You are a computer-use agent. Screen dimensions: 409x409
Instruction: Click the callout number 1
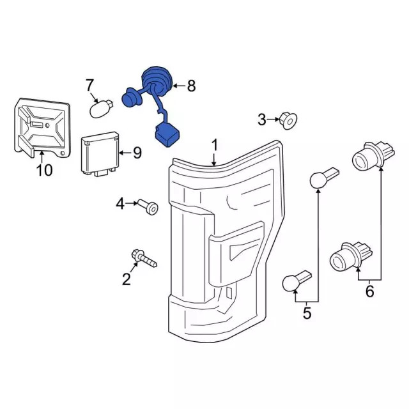point(215,145)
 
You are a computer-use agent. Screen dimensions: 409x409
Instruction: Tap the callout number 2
point(127,279)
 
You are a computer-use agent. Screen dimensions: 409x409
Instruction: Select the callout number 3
point(262,120)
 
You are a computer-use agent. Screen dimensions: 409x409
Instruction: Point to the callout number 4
point(120,204)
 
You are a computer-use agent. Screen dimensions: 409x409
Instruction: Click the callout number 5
point(307,313)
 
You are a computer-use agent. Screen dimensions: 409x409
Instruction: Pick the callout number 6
point(370,291)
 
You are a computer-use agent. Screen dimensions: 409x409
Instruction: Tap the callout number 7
point(89,85)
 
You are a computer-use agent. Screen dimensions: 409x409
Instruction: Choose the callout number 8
point(191,86)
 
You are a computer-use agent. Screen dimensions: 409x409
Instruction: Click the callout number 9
point(137,153)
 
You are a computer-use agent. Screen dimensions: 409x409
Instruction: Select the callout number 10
point(44,170)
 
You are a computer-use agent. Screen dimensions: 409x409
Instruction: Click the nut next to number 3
point(288,121)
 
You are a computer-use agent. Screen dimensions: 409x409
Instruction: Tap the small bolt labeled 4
point(148,207)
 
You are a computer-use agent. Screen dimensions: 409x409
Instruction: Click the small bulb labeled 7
point(102,109)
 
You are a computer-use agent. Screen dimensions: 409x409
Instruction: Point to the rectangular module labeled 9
point(100,153)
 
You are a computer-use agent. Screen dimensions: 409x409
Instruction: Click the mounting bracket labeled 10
point(42,128)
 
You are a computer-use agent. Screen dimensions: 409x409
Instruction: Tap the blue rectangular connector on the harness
point(167,134)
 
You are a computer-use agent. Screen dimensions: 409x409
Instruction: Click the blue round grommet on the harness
point(157,81)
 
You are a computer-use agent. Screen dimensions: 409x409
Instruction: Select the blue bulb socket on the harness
point(132,98)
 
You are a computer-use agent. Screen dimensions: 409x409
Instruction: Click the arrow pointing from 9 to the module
point(125,153)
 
